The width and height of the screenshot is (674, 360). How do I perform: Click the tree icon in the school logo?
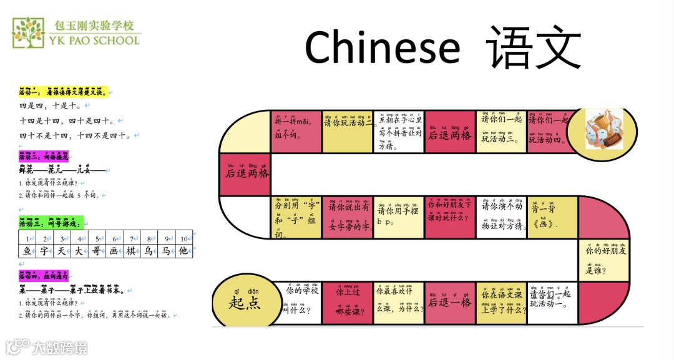click(28, 33)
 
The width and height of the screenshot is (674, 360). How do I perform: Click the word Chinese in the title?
click(382, 47)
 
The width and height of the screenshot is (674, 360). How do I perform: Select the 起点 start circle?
click(245, 302)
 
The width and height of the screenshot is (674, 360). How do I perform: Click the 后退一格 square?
click(449, 303)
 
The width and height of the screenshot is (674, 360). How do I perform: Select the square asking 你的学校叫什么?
click(297, 303)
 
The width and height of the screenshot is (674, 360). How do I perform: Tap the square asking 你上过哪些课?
click(348, 303)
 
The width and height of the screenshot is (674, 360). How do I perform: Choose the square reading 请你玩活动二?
click(348, 132)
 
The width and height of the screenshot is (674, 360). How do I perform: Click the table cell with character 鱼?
click(27, 251)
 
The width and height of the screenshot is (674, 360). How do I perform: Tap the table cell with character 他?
click(183, 251)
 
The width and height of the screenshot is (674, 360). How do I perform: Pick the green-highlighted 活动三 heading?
click(51, 223)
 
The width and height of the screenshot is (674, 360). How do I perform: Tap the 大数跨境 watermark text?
click(60, 347)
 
